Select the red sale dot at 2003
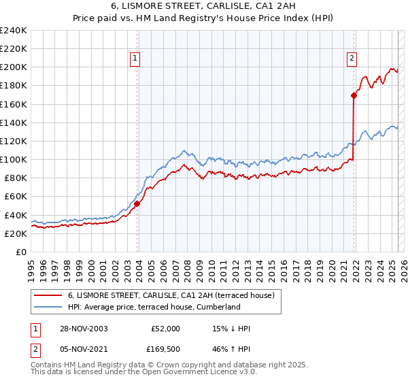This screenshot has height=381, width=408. [x=137, y=203]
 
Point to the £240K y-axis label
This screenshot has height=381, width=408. [x=14, y=31]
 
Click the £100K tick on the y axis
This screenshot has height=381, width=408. [x=14, y=159]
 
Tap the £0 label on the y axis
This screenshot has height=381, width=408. [x=20, y=252]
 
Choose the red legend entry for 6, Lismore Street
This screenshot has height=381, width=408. [x=170, y=295]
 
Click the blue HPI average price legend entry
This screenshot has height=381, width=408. [x=154, y=307]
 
